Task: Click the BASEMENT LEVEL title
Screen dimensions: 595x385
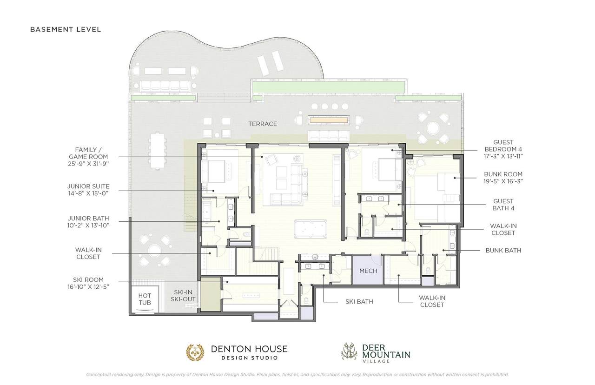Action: point(66,29)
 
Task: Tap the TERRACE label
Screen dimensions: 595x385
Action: point(263,124)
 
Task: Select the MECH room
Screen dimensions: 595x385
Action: point(368,270)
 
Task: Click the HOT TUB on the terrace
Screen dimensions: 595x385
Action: point(145,299)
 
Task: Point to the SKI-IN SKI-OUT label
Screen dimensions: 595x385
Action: point(183,296)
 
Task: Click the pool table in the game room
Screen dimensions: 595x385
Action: point(310,229)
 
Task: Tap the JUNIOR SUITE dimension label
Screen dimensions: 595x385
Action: point(88,190)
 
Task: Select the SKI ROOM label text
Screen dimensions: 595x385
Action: point(88,283)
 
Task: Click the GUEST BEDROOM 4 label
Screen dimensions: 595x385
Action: point(503,149)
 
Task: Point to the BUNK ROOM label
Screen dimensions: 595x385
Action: point(503,178)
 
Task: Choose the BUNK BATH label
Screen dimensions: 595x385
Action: point(503,251)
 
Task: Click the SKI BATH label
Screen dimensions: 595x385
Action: point(359,302)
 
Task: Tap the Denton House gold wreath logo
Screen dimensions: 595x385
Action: point(195,352)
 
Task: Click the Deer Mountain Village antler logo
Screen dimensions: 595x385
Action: point(350,351)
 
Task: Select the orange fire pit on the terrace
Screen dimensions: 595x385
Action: point(329,120)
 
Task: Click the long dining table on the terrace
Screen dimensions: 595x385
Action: point(158,151)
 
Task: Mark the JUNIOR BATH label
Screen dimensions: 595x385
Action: point(88,222)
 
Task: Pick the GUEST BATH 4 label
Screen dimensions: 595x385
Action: point(503,205)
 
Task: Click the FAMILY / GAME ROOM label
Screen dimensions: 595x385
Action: point(88,157)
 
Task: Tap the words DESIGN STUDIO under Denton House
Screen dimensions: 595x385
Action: point(250,358)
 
